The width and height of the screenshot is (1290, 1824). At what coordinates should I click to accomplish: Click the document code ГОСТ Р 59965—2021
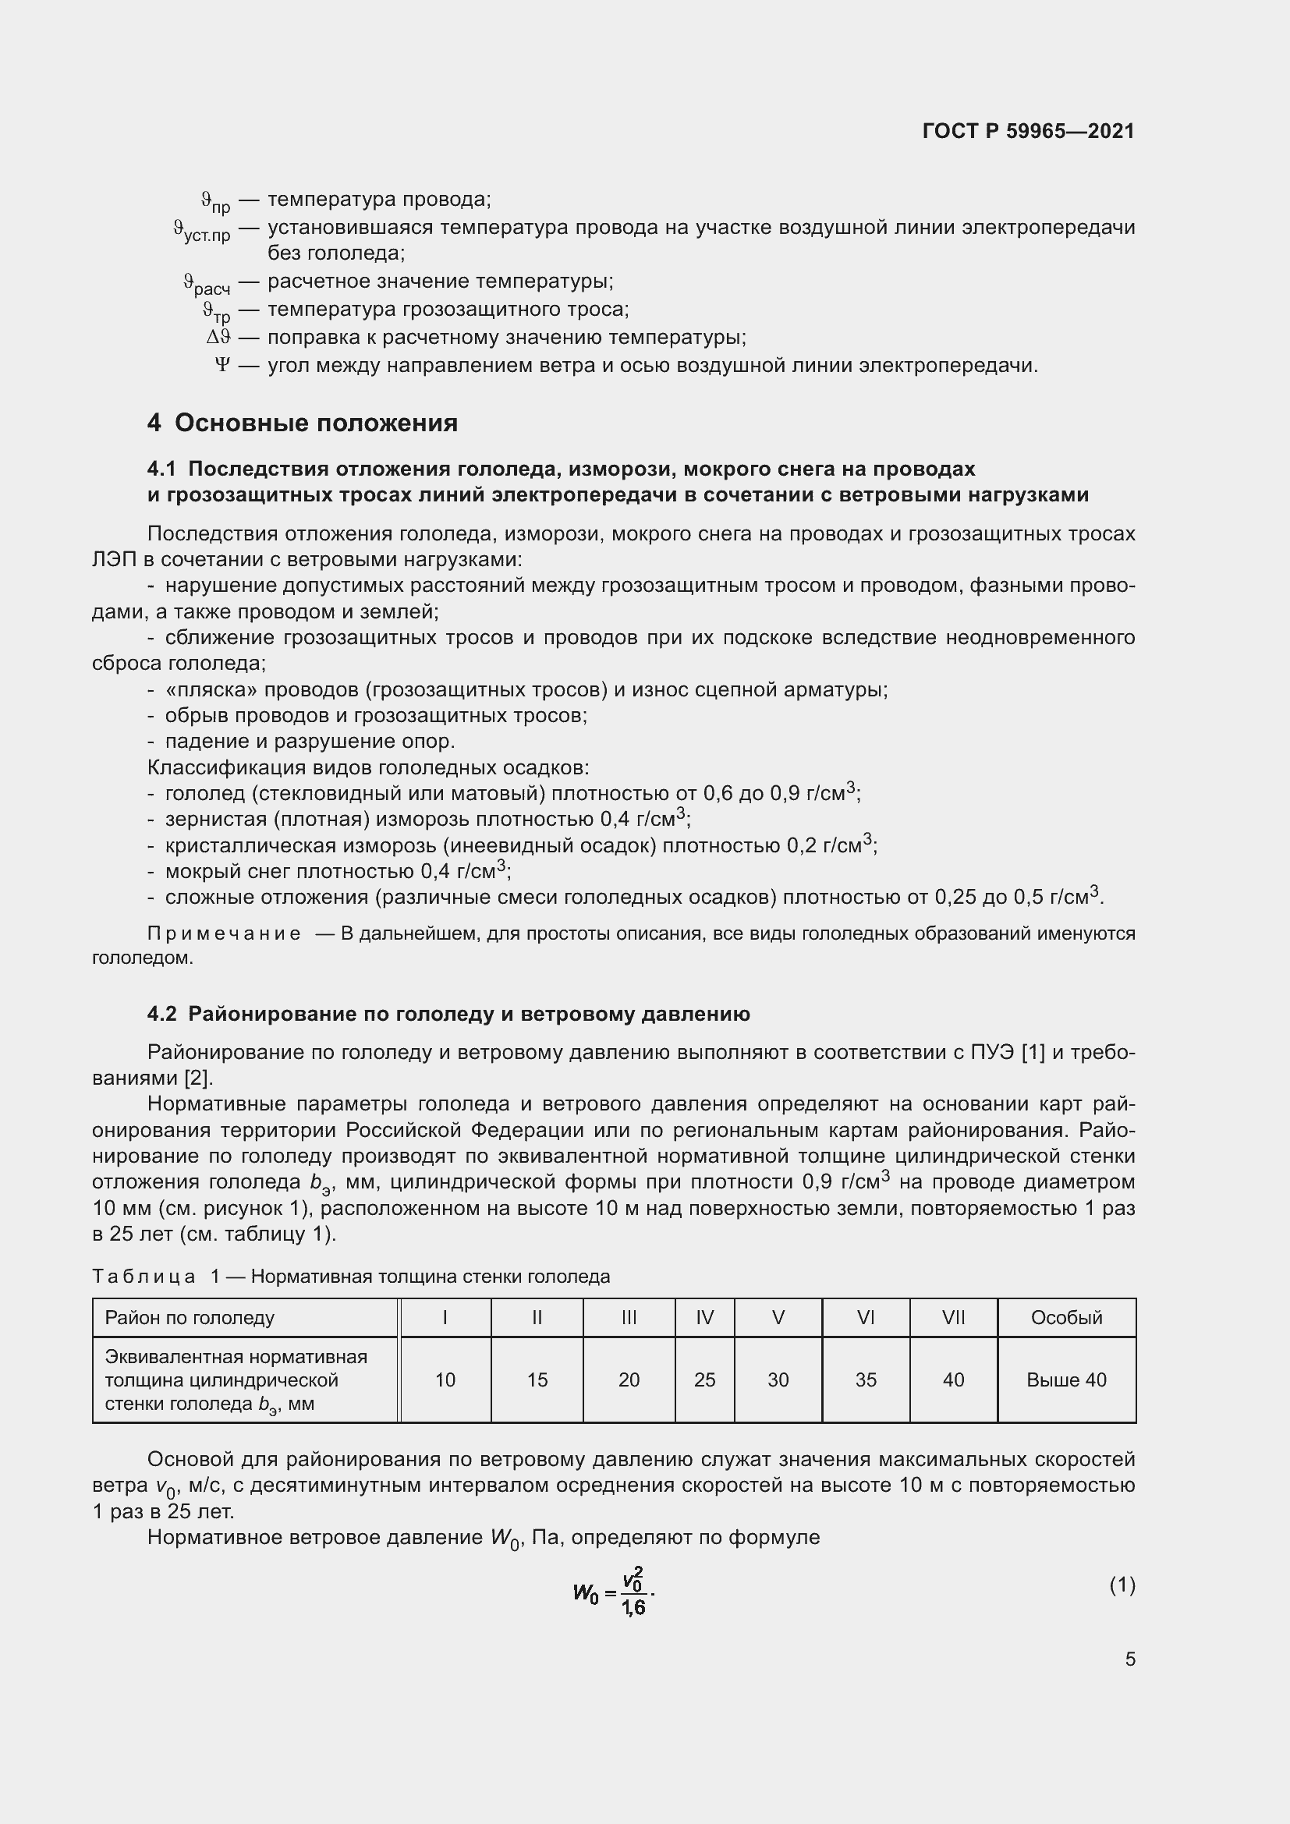[1028, 131]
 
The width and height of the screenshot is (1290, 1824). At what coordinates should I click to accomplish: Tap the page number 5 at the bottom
[1129, 1659]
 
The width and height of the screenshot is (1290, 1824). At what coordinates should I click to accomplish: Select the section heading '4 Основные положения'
[302, 423]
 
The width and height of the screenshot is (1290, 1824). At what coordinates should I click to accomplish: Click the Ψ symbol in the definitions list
[222, 366]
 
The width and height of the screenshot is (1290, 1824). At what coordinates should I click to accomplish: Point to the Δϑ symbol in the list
[218, 338]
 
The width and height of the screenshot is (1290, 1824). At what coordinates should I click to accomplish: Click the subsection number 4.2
[162, 1015]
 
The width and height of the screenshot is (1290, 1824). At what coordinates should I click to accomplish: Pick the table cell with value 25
[704, 1380]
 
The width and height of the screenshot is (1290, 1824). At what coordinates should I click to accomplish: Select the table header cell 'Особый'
[1066, 1318]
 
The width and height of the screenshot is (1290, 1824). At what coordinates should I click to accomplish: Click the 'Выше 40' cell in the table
[1066, 1380]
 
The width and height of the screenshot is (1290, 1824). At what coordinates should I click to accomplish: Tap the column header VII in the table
[953, 1318]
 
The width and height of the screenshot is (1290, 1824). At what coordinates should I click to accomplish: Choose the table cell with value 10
[445, 1380]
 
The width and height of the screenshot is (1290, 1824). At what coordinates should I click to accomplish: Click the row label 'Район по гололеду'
[190, 1318]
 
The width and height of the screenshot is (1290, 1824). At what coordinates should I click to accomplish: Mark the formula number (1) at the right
[1122, 1585]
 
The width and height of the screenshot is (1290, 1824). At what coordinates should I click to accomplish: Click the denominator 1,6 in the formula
[633, 1608]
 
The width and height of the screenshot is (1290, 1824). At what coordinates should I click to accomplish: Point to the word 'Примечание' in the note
[224, 933]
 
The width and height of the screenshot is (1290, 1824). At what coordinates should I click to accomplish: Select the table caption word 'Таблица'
[144, 1277]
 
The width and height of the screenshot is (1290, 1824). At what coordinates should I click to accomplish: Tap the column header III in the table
[629, 1318]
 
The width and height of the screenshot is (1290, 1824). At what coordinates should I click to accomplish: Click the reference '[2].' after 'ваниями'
[199, 1078]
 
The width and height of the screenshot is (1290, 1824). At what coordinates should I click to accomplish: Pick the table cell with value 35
[866, 1380]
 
